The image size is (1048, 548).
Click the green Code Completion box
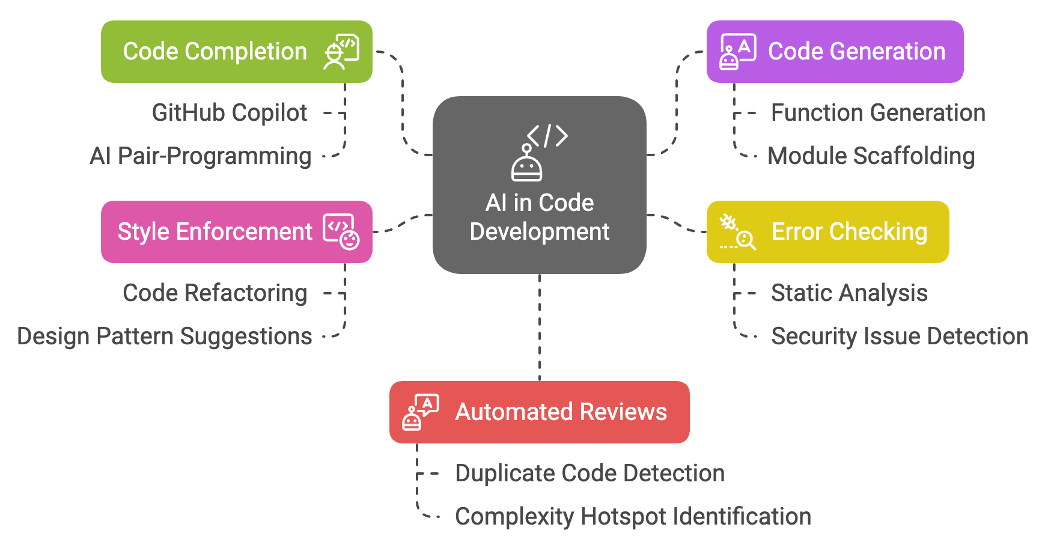[x=236, y=52]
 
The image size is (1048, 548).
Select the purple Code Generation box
[x=835, y=52]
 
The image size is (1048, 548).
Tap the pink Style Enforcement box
[x=236, y=232]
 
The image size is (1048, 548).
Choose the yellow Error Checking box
[x=827, y=232]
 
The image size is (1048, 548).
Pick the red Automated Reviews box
[x=539, y=412]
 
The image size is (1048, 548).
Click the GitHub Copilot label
[x=229, y=113]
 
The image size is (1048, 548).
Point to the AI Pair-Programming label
[x=200, y=156]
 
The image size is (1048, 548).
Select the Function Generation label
[x=878, y=113]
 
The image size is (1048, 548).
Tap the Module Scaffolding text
[x=871, y=156]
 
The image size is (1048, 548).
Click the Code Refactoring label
[x=215, y=293]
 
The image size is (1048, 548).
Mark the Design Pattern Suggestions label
[x=164, y=336]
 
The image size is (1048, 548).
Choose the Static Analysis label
[x=849, y=293]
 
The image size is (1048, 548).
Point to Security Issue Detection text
[x=900, y=336]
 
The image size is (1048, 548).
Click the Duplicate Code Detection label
[x=589, y=473]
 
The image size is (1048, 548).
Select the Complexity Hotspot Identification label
[x=633, y=517]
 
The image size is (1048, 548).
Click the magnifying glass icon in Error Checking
[x=745, y=240]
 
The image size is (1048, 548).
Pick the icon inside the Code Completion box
[x=341, y=52]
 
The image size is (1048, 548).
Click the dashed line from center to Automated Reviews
[x=540, y=327]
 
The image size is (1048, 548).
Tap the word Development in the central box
[x=540, y=232]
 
